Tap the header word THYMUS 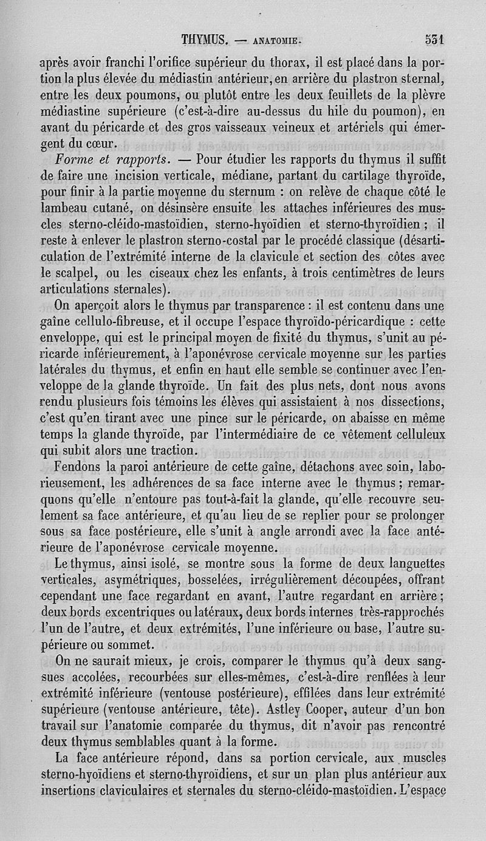pyautogui.click(x=204, y=41)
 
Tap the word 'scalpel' pyautogui.click(x=66, y=271)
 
